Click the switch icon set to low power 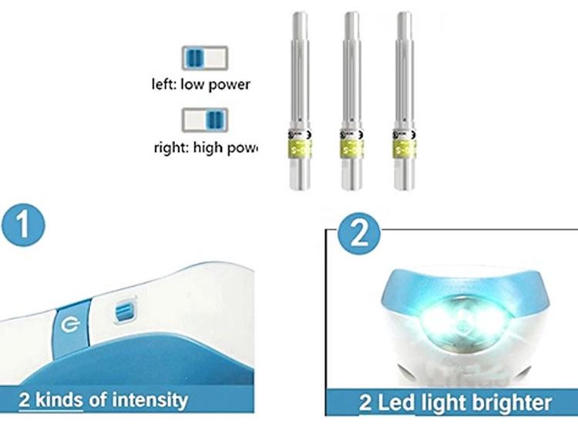tap(205, 58)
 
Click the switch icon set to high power tap(205, 119)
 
